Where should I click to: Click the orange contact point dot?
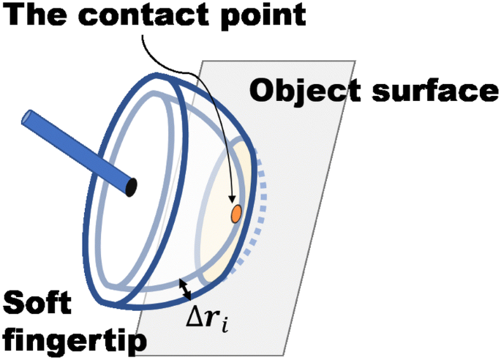click(x=236, y=214)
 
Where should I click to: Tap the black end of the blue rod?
click(x=132, y=187)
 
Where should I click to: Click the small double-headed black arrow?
click(x=187, y=290)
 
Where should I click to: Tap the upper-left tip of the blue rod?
click(x=27, y=117)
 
